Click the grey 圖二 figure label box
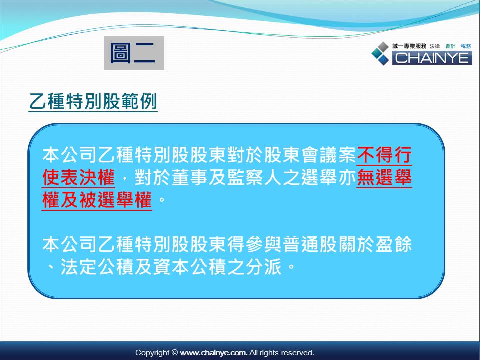coord(134,53)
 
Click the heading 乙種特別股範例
coord(93,101)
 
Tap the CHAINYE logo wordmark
coord(432,58)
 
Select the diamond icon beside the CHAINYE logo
coord(380,53)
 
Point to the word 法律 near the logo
coord(434,46)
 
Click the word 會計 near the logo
coord(450,46)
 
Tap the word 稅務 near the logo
coord(466,46)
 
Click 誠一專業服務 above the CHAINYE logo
coord(409,46)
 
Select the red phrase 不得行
coord(384,155)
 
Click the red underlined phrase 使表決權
coord(78,177)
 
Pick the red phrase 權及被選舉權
coord(97,200)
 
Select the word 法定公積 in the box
coord(97,267)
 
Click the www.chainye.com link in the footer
coord(213,353)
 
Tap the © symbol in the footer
coord(175,353)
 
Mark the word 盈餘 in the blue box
coord(394,244)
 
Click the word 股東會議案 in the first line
coord(310,155)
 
